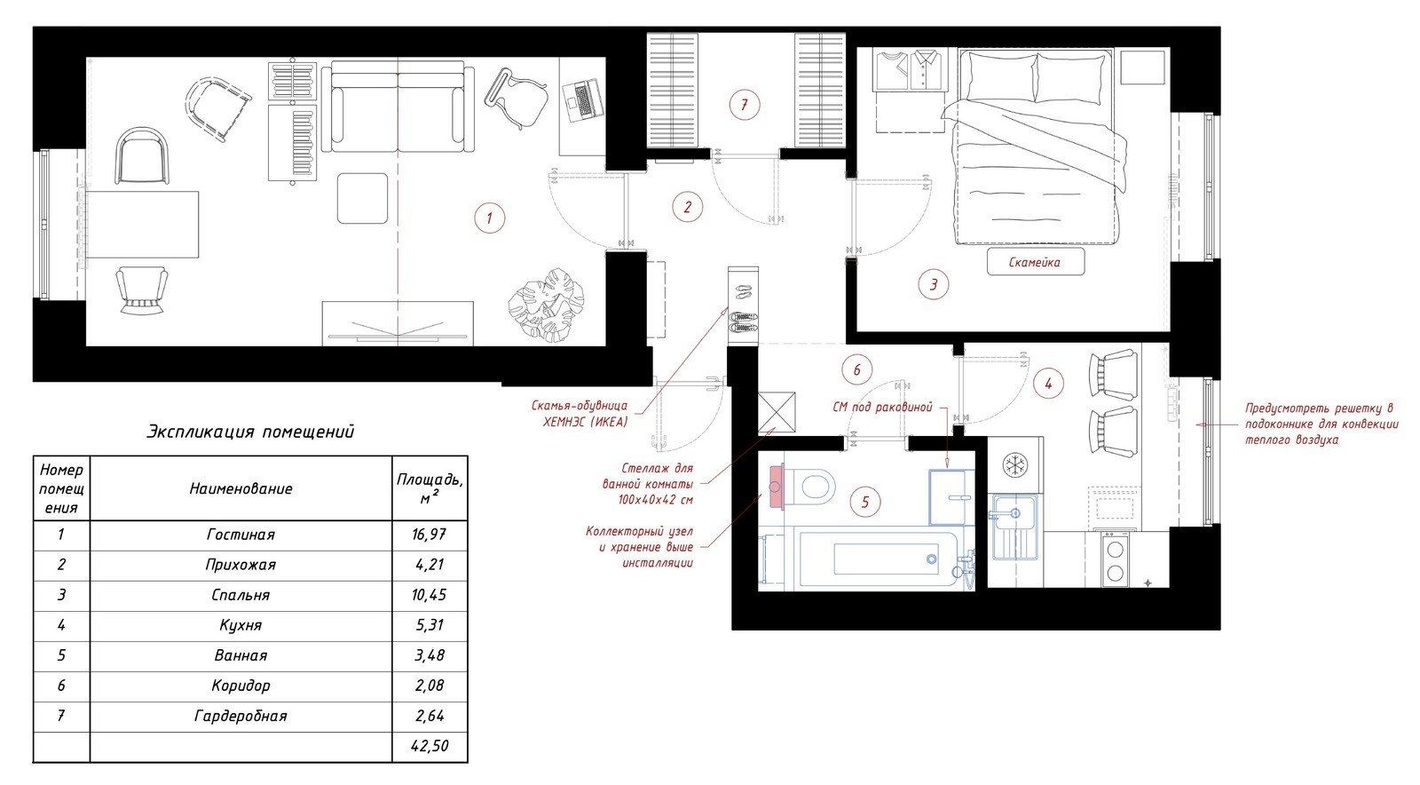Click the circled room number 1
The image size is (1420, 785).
(489, 218)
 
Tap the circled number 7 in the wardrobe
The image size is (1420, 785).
(745, 105)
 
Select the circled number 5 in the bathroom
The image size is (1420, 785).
(865, 503)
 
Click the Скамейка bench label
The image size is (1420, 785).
(1035, 263)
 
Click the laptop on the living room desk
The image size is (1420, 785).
(582, 99)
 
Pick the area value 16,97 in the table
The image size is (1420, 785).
(430, 535)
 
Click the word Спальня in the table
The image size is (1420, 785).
(241, 595)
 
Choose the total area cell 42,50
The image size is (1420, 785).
(430, 746)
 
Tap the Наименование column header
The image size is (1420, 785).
(241, 489)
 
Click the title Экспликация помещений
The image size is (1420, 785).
(250, 432)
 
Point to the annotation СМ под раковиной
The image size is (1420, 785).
(882, 407)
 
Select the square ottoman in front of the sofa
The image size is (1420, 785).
(363, 198)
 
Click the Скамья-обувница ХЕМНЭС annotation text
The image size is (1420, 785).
(580, 414)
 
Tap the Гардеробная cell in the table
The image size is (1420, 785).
(241, 717)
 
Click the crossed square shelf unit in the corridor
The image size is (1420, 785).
(777, 411)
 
